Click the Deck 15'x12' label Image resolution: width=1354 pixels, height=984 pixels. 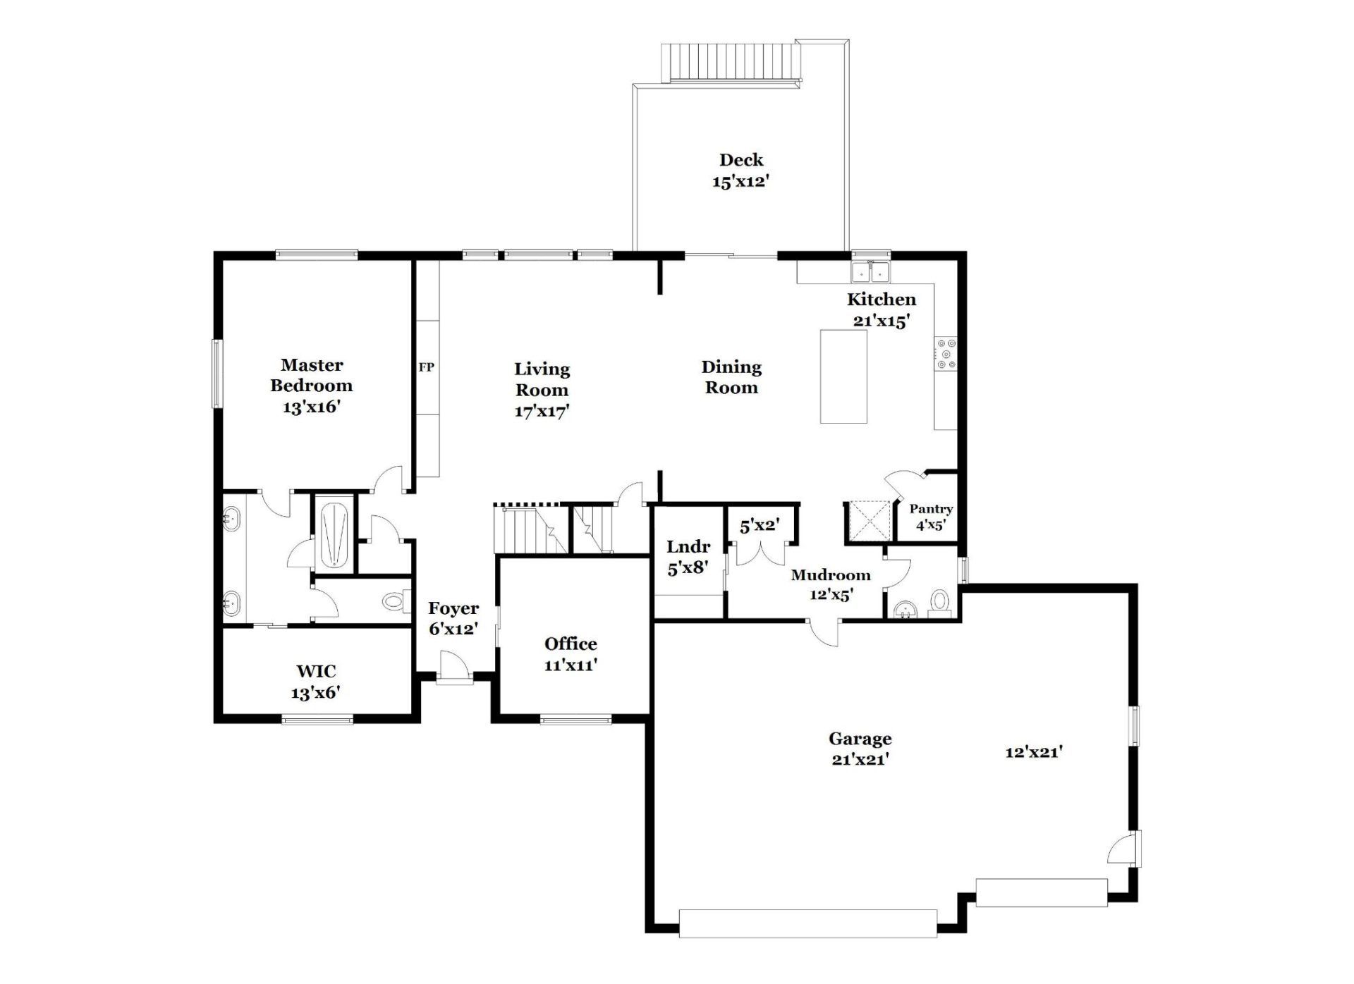pyautogui.click(x=740, y=171)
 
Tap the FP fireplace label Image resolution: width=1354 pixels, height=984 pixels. pyautogui.click(x=426, y=367)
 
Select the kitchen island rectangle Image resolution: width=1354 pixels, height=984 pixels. pyautogui.click(x=843, y=376)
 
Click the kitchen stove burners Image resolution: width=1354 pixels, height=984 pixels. pyautogui.click(x=946, y=355)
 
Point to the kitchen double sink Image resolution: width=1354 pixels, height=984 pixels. pyautogui.click(x=870, y=271)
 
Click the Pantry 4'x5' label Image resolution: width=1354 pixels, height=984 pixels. pyautogui.click(x=931, y=517)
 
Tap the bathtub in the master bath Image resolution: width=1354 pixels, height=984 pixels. pyautogui.click(x=334, y=534)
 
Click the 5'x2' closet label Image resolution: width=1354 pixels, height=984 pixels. pyautogui.click(x=760, y=525)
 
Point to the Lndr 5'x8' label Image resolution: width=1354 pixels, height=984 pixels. pyautogui.click(x=688, y=557)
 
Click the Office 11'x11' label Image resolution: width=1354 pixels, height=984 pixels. pyautogui.click(x=571, y=653)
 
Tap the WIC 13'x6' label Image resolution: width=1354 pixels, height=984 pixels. pyautogui.click(x=315, y=682)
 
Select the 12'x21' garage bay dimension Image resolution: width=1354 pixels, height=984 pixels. pyautogui.click(x=1034, y=752)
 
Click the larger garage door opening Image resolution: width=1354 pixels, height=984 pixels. pyautogui.click(x=808, y=923)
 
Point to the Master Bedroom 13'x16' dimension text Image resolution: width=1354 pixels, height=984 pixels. pyautogui.click(x=312, y=407)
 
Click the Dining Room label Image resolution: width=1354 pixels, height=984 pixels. pyautogui.click(x=731, y=377)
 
